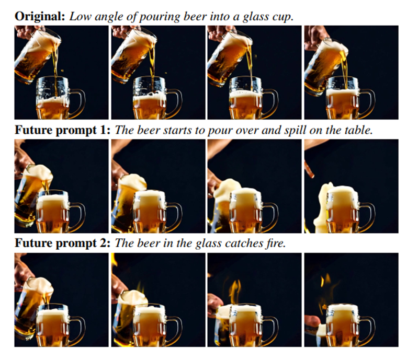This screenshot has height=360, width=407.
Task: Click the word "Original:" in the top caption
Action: click(39, 16)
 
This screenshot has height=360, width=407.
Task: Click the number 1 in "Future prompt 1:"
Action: click(104, 130)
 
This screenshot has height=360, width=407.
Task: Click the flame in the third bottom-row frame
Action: click(235, 292)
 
